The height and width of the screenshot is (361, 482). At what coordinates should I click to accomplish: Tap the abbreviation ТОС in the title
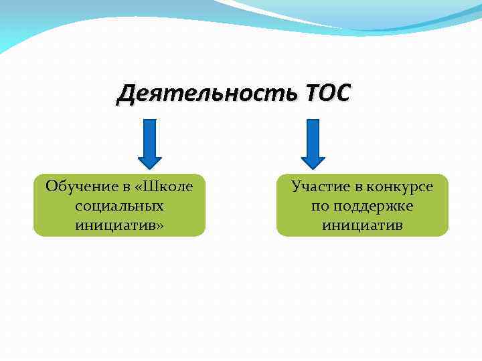pyautogui.click(x=326, y=95)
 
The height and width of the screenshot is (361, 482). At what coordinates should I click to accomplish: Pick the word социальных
pyautogui.click(x=120, y=206)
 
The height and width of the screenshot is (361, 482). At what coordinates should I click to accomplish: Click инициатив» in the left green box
pyautogui.click(x=120, y=225)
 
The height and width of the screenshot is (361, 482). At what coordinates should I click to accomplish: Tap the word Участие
pyautogui.click(x=317, y=187)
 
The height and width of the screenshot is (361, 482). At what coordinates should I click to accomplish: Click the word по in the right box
pyautogui.click(x=320, y=206)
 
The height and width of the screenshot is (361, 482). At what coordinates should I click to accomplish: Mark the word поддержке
pyautogui.click(x=373, y=206)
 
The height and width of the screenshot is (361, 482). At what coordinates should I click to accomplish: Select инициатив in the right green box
pyautogui.click(x=362, y=225)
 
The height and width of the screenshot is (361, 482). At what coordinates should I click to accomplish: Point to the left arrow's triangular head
pyautogui.click(x=150, y=161)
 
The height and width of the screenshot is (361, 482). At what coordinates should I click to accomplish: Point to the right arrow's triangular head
pyautogui.click(x=313, y=161)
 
